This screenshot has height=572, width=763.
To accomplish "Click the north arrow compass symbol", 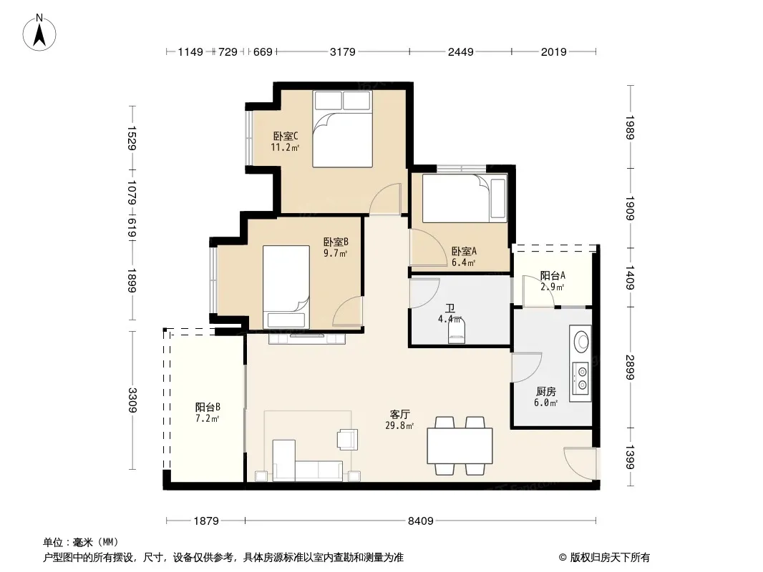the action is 39,33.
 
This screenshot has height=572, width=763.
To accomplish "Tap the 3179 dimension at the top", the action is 343,51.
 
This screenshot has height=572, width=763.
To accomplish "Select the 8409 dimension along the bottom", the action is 420,521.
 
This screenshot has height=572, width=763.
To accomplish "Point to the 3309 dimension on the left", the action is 132,400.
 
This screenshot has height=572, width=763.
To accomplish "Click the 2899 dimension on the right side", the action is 630,368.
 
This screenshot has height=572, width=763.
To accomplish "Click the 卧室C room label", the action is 285,137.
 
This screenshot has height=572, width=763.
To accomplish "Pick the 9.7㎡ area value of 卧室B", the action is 335,253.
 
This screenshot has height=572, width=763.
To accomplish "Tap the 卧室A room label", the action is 464,251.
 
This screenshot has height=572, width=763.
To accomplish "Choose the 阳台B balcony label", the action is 208,408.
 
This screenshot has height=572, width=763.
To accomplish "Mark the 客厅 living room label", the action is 399,415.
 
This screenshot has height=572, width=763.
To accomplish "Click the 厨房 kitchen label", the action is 545,391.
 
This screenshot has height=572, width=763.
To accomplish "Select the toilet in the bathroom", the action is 457,330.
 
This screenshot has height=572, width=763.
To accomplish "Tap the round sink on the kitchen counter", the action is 581,341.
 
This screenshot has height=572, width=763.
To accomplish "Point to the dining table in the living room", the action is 460,445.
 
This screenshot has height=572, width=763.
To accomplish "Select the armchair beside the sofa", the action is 347,439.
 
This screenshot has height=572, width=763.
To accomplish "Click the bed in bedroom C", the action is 343,129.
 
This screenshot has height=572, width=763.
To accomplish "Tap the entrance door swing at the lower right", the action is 580,463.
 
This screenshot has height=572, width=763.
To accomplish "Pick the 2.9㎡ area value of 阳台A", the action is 553,287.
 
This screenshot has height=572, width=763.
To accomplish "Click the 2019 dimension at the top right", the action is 554,51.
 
